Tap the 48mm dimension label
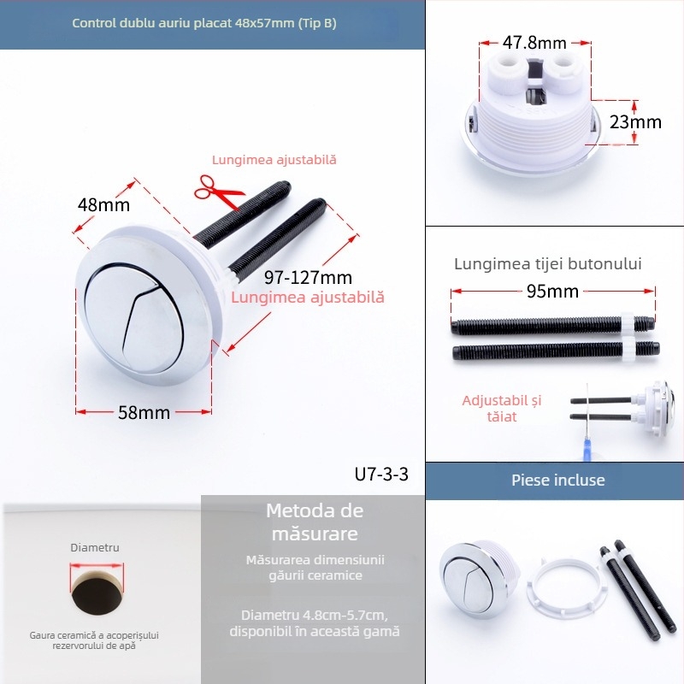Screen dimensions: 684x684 [103, 205]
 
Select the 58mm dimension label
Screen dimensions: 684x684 [144, 413]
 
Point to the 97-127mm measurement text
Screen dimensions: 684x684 [308, 278]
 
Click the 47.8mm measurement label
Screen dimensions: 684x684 [534, 42]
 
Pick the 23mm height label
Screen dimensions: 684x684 [635, 122]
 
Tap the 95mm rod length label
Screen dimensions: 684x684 [552, 292]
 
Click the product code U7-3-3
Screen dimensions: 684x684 [381, 474]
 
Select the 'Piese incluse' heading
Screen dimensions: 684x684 [557, 481]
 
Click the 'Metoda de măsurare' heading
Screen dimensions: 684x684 [315, 522]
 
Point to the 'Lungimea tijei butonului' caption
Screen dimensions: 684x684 [548, 264]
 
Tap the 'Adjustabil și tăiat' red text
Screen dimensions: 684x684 [502, 408]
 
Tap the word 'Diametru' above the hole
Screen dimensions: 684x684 [95, 547]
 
